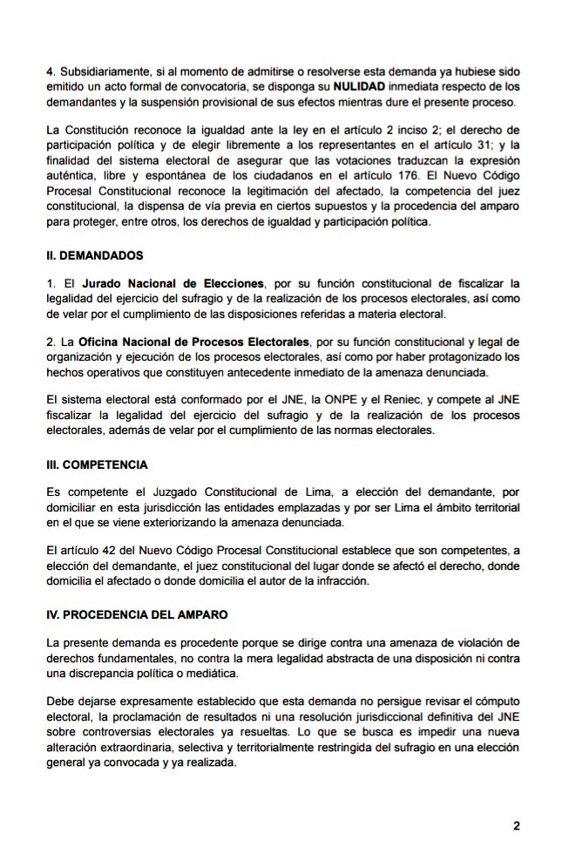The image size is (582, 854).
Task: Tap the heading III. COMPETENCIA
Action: point(98,464)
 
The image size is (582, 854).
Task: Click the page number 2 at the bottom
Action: point(516,825)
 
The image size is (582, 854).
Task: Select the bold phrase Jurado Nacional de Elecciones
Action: point(173,284)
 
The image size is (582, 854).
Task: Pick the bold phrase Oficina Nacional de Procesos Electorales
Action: point(195,342)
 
